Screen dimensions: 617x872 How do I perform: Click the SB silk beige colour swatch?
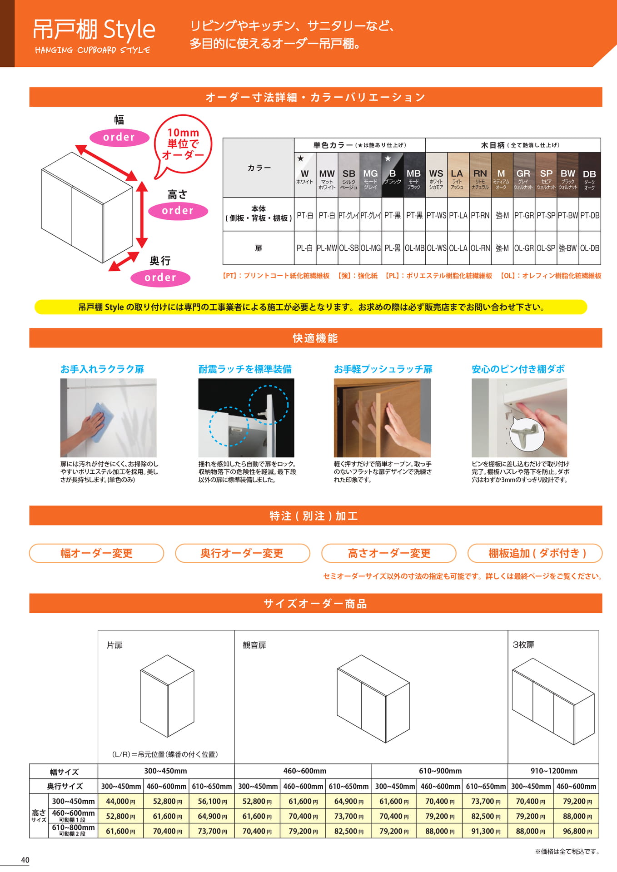[x=349, y=175]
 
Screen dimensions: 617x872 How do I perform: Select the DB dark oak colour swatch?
[x=589, y=175]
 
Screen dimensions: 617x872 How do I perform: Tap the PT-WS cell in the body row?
[x=436, y=215]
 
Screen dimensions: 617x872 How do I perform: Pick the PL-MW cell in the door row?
[x=327, y=248]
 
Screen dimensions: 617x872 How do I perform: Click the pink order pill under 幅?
[x=119, y=137]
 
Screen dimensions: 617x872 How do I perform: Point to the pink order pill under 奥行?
[x=160, y=277]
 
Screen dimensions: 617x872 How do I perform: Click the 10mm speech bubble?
[x=183, y=146]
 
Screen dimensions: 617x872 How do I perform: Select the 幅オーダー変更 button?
[x=96, y=553]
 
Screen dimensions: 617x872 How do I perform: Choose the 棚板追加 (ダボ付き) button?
[x=535, y=553]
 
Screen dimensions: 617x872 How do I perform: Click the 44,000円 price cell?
[x=120, y=801]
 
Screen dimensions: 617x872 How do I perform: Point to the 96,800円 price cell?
[x=576, y=831]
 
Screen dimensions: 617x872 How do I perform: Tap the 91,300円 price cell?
[x=485, y=831]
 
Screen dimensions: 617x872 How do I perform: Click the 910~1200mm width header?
[x=553, y=771]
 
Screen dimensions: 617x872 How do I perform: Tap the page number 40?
[x=25, y=860]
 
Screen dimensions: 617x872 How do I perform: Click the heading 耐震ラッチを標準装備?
[x=245, y=369]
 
